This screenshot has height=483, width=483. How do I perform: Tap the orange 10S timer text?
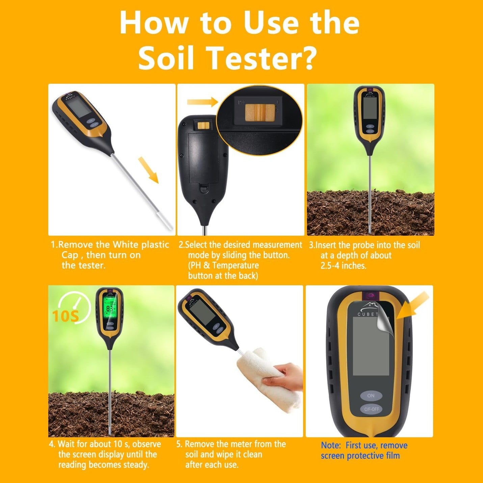66,316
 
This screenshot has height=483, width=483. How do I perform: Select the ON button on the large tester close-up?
371,396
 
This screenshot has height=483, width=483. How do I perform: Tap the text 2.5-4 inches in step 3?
343,265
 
